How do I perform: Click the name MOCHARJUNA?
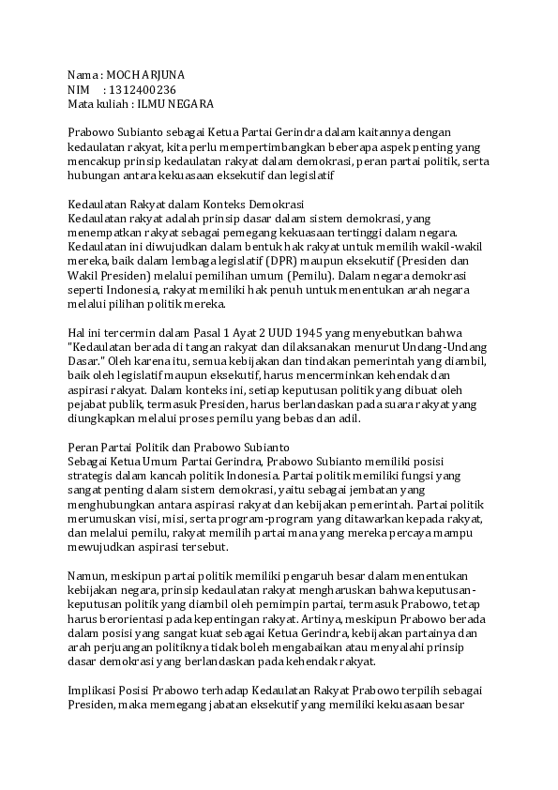coord(146,74)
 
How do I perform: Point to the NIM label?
coord(78,89)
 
